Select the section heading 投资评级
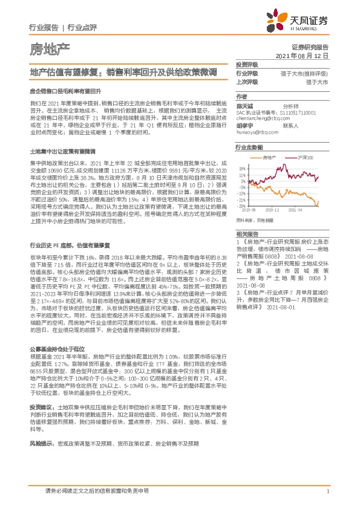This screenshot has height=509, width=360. [247, 64]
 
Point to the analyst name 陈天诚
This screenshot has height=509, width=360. [244, 105]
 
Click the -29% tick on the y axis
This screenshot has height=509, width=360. [241, 206]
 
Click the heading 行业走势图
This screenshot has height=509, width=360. [249, 148]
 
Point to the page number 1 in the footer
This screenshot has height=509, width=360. [327, 491]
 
